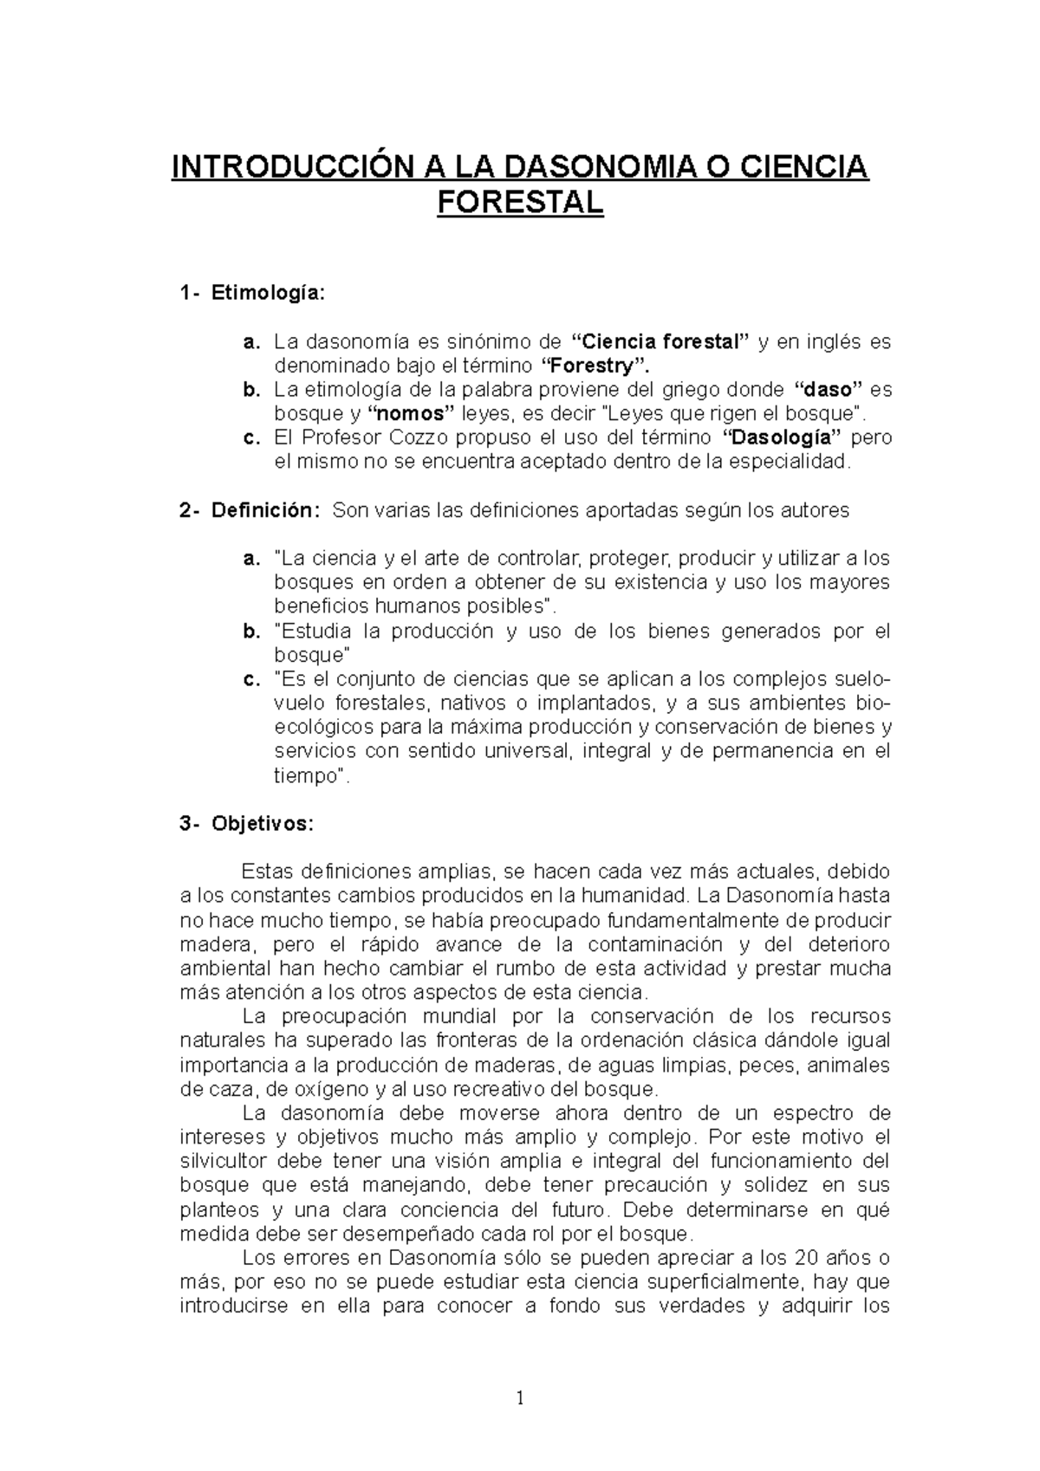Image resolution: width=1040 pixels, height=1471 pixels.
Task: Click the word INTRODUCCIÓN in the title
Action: [x=283, y=165]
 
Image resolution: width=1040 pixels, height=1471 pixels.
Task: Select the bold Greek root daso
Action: [x=825, y=390]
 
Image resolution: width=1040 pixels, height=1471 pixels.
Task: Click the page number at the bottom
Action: [x=520, y=1397]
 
